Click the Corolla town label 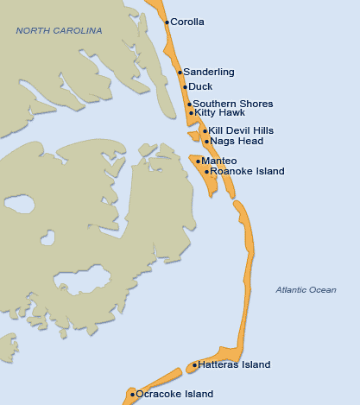[x=187, y=22]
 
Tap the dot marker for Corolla [x=167, y=22]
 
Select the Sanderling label [x=208, y=72]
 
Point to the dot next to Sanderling [x=180, y=73]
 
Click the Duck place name [x=200, y=86]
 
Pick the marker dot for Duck [x=185, y=87]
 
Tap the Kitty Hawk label [x=220, y=112]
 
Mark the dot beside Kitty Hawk [x=191, y=113]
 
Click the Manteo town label [x=218, y=161]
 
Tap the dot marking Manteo [x=199, y=161]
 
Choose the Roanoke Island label [x=247, y=171]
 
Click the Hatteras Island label [x=234, y=364]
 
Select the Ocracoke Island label [x=174, y=394]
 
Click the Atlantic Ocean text [x=306, y=290]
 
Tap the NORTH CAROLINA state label [x=59, y=31]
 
